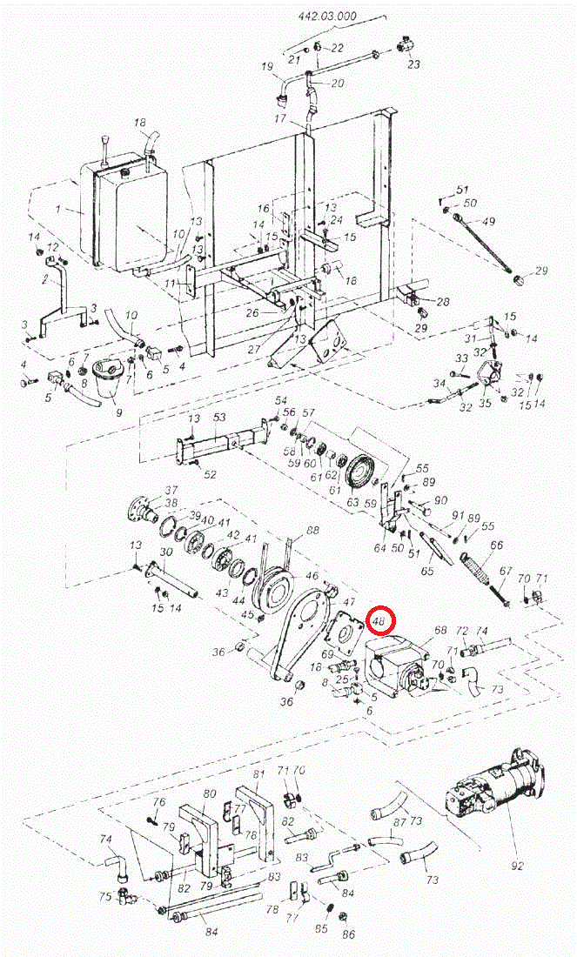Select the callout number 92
pos(517,866)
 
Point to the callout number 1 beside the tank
pos(57,210)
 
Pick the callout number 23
pos(413,64)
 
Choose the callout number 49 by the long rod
pos(487,221)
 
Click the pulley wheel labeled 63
pos(359,473)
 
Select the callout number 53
pos(219,418)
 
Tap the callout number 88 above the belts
pos(312,530)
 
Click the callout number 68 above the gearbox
pos(440,629)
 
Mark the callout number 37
pos(171,490)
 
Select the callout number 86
pos(349,934)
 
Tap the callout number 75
pos(104,896)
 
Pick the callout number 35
pos(485,402)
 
